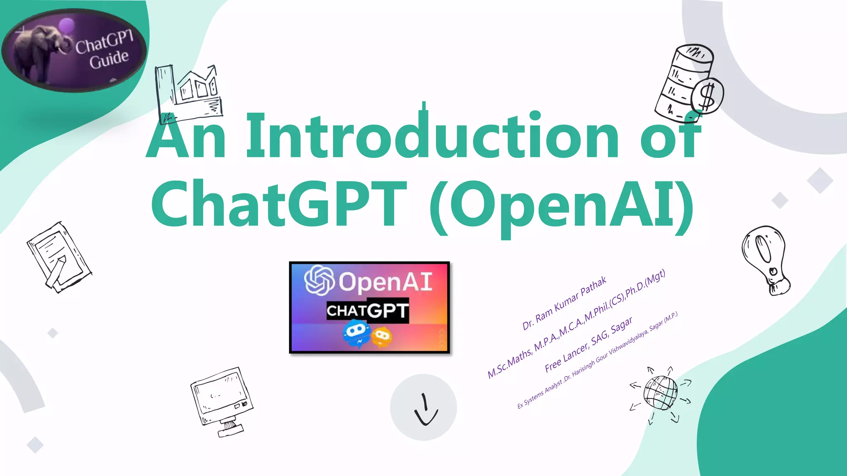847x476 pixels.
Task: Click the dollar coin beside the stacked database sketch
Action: [708, 96]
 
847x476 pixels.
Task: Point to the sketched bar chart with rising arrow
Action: [189, 93]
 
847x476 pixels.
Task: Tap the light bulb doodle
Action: [765, 258]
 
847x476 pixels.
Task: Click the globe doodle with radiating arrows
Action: [660, 393]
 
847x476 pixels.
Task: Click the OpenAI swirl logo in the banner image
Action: [319, 281]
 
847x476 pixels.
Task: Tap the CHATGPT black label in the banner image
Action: [367, 311]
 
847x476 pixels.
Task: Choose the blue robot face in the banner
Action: [357, 334]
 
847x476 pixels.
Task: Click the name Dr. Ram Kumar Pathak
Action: [564, 303]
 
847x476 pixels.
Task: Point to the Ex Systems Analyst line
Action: [597, 360]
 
